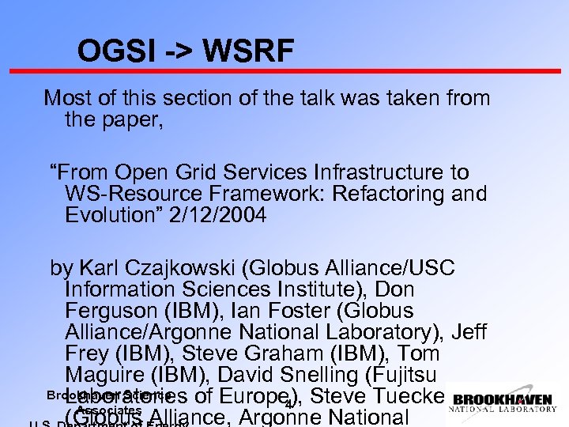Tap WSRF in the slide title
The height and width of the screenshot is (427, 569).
247,52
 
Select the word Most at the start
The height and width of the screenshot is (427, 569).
68,99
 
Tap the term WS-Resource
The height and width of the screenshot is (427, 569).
135,194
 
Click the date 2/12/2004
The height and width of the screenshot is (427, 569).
215,215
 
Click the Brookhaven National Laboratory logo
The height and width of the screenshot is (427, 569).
503,403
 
